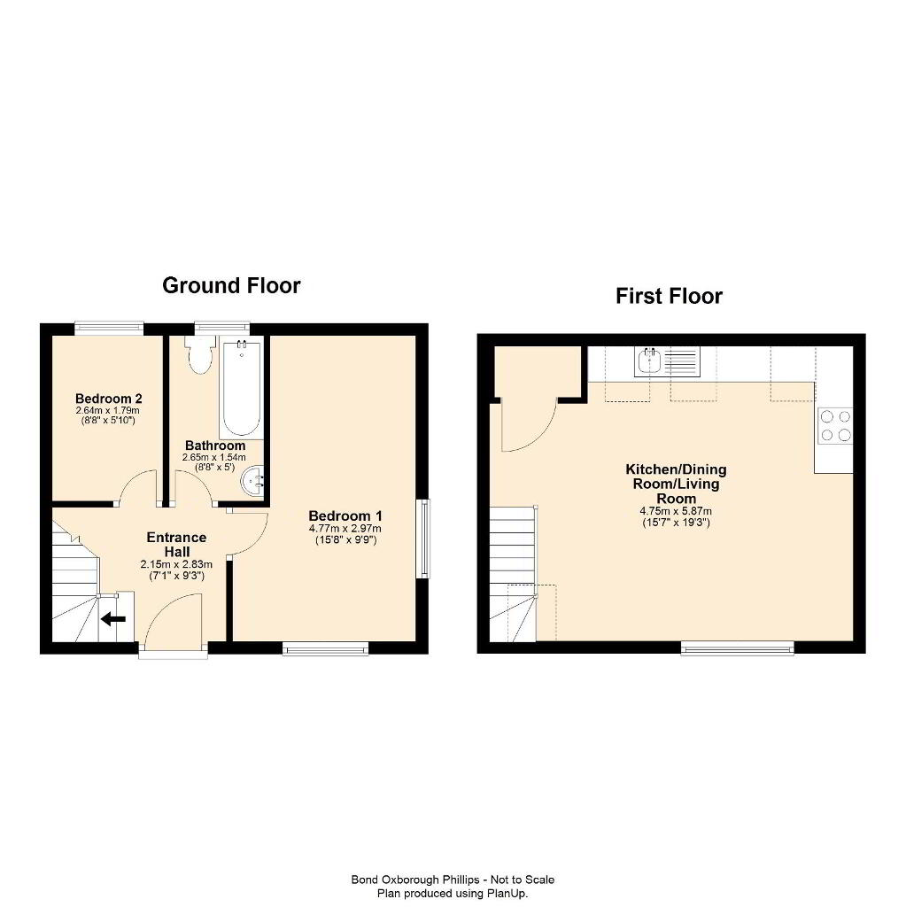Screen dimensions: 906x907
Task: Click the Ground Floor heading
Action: point(231,286)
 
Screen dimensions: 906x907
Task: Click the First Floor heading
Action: point(669,296)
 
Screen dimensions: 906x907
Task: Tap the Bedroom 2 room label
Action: point(109,399)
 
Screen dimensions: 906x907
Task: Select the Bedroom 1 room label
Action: point(345,516)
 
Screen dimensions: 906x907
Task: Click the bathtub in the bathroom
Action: point(242,389)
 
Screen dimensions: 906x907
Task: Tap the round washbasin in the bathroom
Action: point(252,481)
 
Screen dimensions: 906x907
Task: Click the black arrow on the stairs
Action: point(113,619)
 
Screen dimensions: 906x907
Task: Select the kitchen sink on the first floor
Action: point(667,361)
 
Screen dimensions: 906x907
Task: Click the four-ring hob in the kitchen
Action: point(835,426)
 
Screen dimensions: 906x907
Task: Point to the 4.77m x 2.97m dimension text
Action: point(345,529)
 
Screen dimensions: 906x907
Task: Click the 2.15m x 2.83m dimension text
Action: point(176,564)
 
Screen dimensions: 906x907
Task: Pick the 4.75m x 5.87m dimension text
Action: point(676,511)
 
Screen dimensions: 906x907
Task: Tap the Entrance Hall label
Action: point(176,545)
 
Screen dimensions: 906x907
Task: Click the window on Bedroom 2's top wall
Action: point(109,328)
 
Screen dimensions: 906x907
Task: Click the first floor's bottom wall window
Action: point(737,648)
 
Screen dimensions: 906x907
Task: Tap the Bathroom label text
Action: point(215,446)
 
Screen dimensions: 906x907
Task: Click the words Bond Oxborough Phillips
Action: point(415,880)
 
